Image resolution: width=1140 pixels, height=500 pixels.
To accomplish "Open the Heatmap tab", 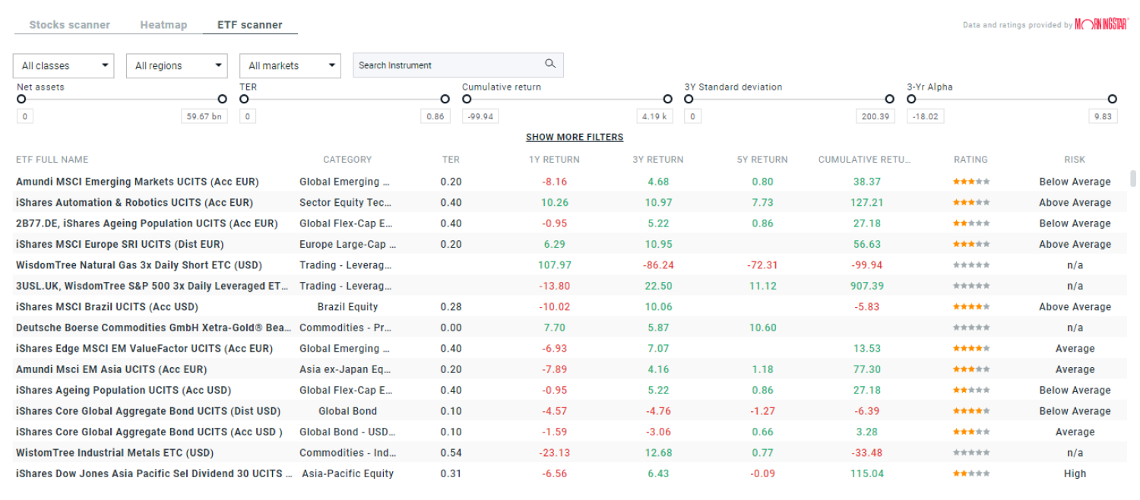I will pos(163,25).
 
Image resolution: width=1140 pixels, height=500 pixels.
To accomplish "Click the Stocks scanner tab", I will pos(69,25).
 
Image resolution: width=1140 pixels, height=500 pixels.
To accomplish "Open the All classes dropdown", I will pos(63,66).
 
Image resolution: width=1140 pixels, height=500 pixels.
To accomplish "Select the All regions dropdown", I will pos(176,66).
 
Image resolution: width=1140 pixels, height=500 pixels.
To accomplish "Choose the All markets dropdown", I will pos(290,66).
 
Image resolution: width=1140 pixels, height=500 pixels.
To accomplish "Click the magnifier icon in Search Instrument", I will pos(550,65).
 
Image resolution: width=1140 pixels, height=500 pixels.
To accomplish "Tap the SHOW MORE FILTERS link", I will pos(575,138).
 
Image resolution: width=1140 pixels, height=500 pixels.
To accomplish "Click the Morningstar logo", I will pos(1101,25).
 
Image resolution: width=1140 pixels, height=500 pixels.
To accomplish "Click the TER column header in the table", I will pos(451,160).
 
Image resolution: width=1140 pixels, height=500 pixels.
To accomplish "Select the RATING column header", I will pos(971,160).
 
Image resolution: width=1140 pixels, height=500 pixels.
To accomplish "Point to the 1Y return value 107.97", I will pos(554,265).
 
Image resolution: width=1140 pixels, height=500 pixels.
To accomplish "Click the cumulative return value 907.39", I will pos(867,286).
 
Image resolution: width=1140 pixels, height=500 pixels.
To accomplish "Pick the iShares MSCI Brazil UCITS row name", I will pos(107,307).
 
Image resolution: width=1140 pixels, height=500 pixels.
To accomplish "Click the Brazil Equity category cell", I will pos(347,307).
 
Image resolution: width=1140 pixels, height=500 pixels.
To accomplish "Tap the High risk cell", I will pos(1075,473).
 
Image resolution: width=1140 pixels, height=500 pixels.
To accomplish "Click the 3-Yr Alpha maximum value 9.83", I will pos(1101,117).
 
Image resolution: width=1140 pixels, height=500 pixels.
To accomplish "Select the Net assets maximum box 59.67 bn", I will pos(204,117).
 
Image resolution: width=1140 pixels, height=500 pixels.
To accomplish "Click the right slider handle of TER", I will pos(445,99).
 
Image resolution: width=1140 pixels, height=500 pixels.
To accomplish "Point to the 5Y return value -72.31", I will pos(762,265).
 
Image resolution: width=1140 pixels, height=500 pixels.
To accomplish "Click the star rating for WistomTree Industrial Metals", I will pos(971,453).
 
